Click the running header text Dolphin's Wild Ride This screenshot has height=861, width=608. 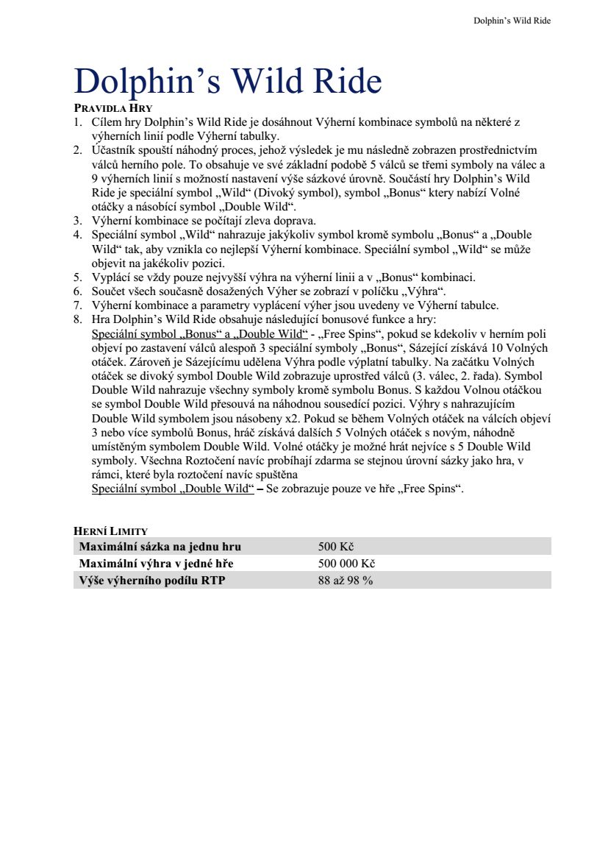(x=512, y=21)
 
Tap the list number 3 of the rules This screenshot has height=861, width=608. (x=77, y=220)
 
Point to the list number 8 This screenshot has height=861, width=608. (x=77, y=320)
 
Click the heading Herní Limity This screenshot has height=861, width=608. (x=111, y=531)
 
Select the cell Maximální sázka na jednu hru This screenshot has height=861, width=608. (x=160, y=547)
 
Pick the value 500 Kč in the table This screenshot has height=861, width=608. (x=336, y=547)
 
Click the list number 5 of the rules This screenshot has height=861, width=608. (x=77, y=277)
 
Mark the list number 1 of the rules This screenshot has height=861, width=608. (x=77, y=122)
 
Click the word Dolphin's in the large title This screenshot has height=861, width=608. (x=147, y=82)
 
